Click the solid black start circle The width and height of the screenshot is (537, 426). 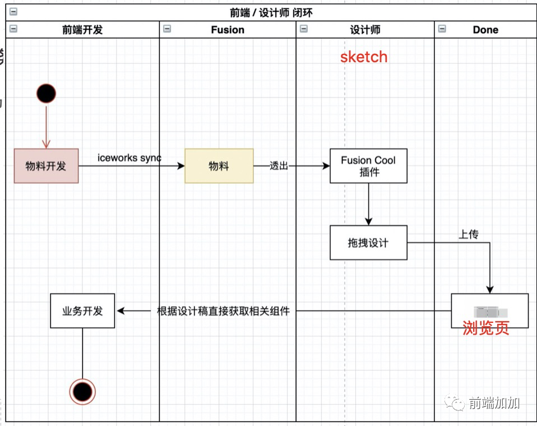point(46,92)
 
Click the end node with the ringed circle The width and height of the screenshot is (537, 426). point(82,391)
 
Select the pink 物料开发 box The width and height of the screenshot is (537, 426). point(46,166)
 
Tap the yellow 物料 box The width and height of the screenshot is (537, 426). point(219,166)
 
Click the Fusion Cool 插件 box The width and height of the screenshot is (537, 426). point(368,166)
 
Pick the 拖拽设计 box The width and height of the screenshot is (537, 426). point(368,243)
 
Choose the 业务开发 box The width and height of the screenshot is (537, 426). point(82,311)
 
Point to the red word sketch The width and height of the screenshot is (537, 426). point(364,57)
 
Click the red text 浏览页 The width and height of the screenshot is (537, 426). point(486,328)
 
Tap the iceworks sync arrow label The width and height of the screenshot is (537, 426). point(129,158)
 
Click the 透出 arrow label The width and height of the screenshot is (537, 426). point(279,166)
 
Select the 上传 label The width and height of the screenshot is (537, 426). point(469,235)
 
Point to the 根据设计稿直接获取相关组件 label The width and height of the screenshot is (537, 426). point(224,311)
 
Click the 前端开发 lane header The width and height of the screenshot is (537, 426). point(82,30)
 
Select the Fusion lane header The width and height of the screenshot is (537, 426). point(228,30)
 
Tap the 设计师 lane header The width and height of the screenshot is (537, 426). point(365,30)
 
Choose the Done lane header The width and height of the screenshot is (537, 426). point(485,30)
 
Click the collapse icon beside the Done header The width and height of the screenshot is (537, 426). point(442,29)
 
